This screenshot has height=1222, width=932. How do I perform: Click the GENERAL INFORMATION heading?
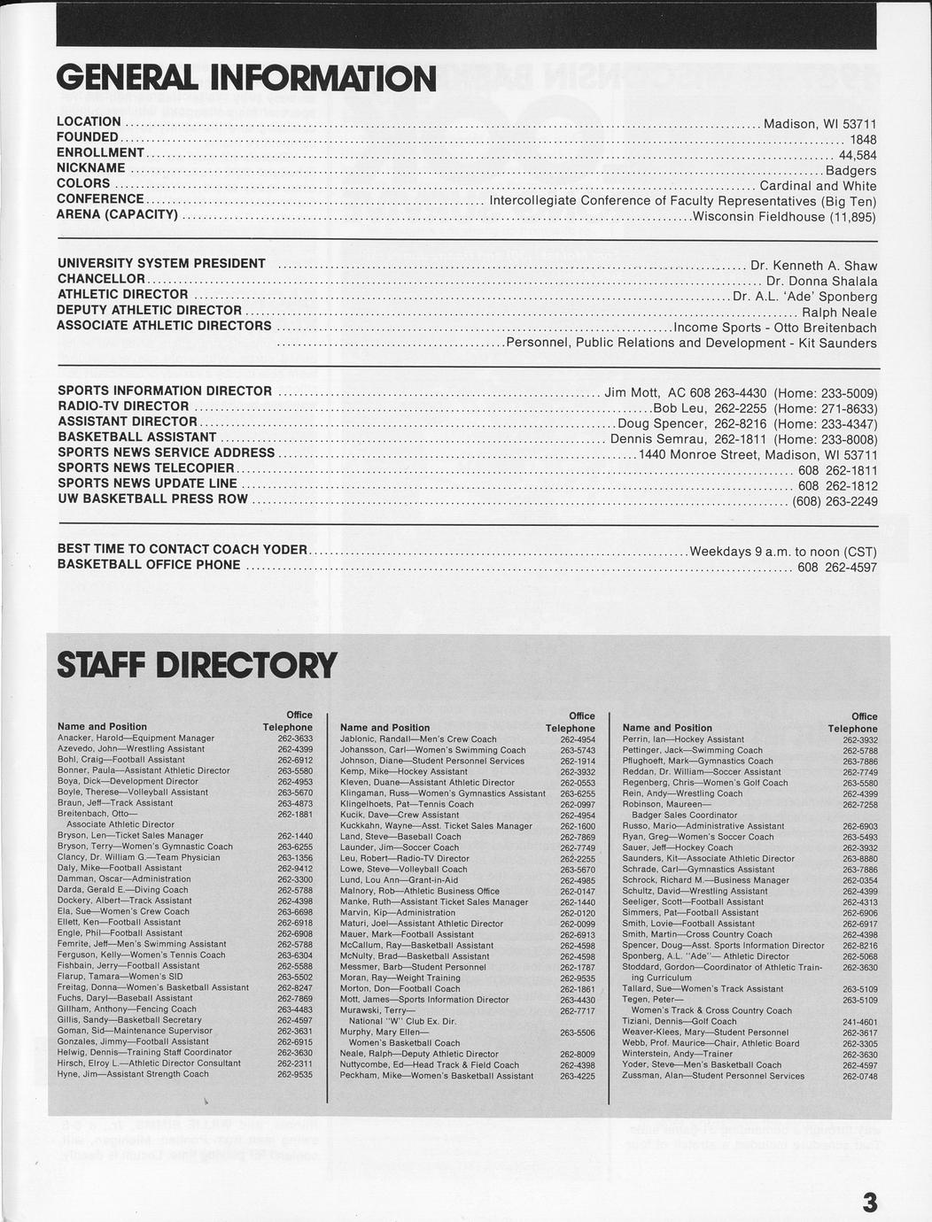(x=245, y=79)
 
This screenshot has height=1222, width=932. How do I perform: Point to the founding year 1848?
(x=863, y=139)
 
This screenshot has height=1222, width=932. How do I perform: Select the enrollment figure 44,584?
(x=857, y=155)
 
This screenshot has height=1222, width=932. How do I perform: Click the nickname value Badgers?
(x=850, y=170)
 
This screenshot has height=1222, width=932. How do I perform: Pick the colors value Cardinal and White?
(x=818, y=186)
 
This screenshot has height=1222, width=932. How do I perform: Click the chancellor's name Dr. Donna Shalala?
(x=821, y=282)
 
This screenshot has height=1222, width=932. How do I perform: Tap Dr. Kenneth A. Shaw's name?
(x=813, y=266)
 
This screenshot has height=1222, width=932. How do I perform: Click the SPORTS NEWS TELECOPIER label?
(x=146, y=468)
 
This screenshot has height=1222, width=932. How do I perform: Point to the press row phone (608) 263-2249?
(x=835, y=501)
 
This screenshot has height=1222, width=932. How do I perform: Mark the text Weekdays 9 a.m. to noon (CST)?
(x=783, y=552)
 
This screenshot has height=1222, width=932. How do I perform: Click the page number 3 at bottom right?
(x=870, y=1202)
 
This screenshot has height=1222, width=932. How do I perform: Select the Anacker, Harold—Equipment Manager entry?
(x=136, y=738)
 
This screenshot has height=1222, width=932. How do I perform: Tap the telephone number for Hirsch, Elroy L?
(x=294, y=1063)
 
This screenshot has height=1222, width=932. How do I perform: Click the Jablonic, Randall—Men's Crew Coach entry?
(x=418, y=739)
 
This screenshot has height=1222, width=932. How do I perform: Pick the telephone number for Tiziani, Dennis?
(x=859, y=1021)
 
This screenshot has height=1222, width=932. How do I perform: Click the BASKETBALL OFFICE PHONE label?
(x=149, y=565)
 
